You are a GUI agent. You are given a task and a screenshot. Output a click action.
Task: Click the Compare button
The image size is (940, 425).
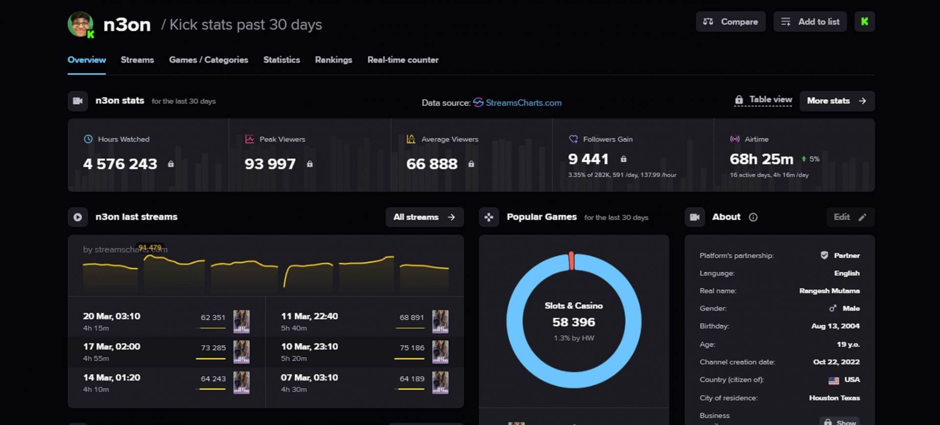click(730, 22)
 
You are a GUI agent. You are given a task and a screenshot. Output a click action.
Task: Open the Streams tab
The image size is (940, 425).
click(137, 60)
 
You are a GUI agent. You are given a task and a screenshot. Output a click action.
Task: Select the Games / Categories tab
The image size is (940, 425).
click(209, 60)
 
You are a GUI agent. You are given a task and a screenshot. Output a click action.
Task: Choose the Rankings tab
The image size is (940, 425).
click(333, 60)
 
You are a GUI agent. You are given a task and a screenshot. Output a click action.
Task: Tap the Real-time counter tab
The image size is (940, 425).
click(403, 60)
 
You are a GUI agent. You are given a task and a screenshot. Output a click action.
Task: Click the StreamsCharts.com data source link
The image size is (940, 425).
click(523, 103)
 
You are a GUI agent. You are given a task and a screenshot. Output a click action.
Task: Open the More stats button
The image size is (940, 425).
click(837, 101)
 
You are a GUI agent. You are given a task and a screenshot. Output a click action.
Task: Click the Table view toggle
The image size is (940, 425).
click(764, 100)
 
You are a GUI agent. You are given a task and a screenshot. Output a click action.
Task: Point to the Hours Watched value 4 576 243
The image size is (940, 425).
click(120, 164)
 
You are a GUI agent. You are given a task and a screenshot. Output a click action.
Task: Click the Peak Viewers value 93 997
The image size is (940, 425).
click(270, 164)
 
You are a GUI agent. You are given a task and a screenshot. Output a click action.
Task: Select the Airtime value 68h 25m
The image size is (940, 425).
click(761, 159)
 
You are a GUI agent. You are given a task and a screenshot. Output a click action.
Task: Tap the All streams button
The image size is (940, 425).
click(424, 217)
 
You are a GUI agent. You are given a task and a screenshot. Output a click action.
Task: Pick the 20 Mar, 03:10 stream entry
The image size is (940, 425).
click(112, 316)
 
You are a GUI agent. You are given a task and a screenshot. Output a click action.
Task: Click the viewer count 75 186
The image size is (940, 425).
click(412, 348)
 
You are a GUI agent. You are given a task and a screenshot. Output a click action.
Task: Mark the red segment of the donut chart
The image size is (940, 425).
click(571, 261)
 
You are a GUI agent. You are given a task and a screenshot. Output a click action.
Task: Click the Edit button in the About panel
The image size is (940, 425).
click(850, 217)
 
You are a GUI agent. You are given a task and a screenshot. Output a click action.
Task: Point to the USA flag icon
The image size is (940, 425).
click(833, 380)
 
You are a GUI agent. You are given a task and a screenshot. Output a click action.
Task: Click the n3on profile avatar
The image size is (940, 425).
click(80, 24)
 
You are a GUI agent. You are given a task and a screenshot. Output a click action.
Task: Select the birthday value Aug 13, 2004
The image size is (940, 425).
click(835, 326)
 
